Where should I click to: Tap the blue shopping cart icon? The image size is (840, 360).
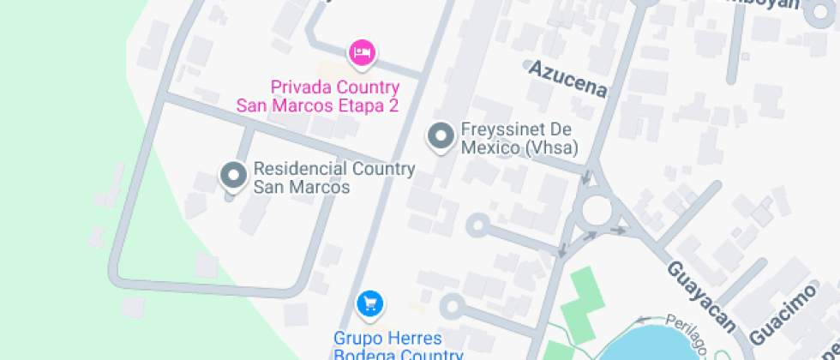click(369, 303)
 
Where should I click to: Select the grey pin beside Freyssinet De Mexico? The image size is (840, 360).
click(441, 137)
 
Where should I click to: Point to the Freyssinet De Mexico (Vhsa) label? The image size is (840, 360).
click(517, 138)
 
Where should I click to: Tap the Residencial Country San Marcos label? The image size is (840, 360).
click(334, 177)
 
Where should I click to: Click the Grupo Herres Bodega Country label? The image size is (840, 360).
click(399, 345)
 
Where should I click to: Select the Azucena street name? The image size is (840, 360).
click(567, 78)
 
